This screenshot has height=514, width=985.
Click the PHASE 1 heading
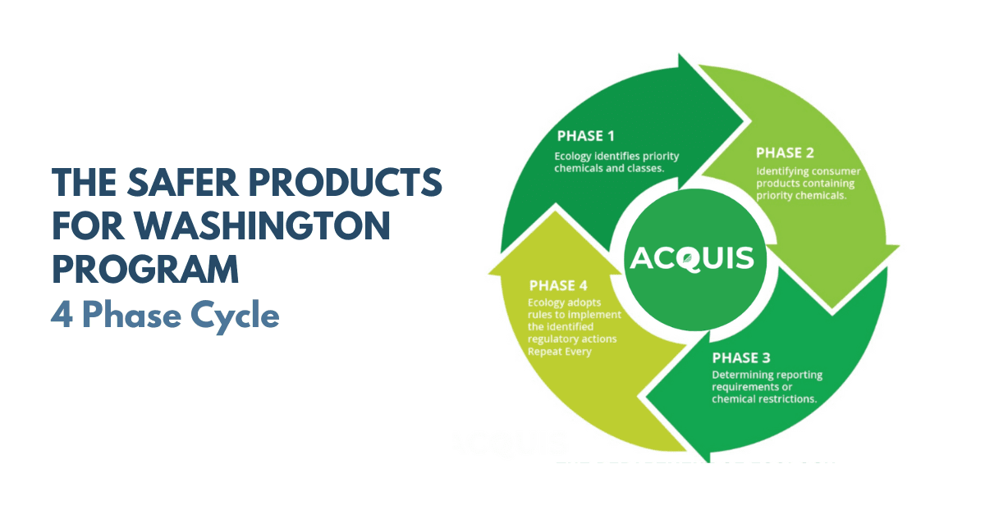(585, 136)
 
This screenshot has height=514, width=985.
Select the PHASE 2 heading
(785, 152)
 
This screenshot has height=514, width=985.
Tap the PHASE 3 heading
(741, 358)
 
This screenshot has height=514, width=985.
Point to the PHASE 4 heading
(558, 286)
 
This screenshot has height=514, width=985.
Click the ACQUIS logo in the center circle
(691, 258)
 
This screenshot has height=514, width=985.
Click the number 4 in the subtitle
(60, 316)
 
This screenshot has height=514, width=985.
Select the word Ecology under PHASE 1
(571, 156)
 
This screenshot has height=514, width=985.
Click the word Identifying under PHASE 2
(783, 172)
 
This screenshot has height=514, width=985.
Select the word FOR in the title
(86, 226)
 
